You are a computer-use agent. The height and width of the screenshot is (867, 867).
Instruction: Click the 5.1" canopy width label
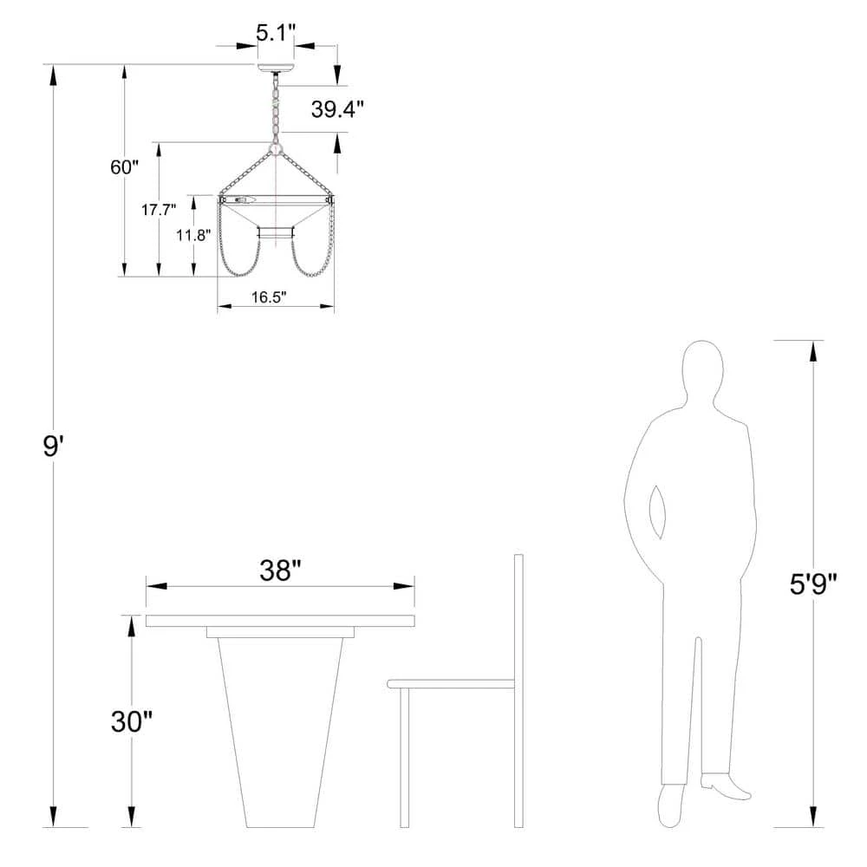pyautogui.click(x=274, y=33)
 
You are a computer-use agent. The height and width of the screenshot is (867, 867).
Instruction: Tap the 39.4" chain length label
pyautogui.click(x=337, y=109)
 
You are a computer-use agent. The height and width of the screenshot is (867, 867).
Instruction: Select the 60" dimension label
pyautogui.click(x=124, y=167)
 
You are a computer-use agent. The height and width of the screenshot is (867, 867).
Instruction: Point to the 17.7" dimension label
pyautogui.click(x=158, y=210)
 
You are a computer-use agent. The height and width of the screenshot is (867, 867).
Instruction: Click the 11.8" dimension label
pyautogui.click(x=193, y=235)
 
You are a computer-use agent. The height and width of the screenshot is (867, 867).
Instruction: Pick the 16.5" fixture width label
pyautogui.click(x=269, y=297)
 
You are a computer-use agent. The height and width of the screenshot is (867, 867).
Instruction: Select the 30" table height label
pyautogui.click(x=131, y=721)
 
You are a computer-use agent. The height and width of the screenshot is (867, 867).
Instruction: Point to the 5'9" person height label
pyautogui.click(x=813, y=583)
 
